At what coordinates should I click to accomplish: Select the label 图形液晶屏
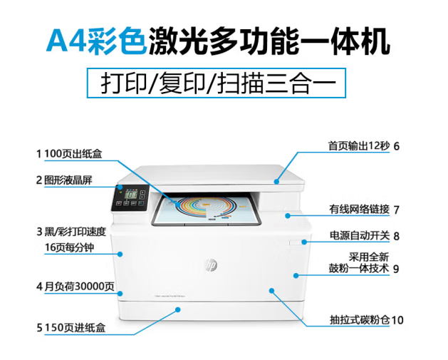68,180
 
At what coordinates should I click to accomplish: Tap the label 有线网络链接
359,210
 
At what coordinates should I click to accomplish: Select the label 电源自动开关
359,235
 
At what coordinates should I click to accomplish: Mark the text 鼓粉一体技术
359,269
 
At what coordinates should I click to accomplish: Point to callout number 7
396,210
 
